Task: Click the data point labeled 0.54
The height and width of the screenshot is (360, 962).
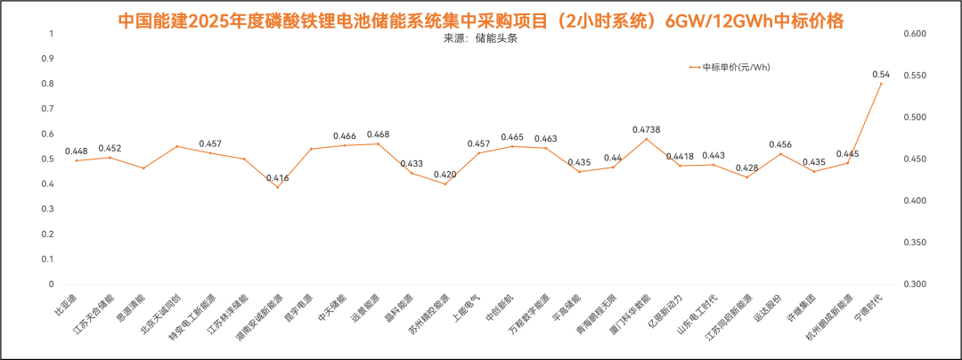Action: [881, 84]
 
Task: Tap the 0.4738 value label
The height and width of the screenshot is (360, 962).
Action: [647, 130]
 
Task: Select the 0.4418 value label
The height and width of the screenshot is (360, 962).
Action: [681, 157]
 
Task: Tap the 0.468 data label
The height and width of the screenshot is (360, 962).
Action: [378, 135]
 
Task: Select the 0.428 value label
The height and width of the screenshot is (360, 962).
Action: [747, 168]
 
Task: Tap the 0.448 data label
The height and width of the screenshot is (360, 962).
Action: [77, 151]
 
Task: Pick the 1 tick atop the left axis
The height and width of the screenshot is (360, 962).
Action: [51, 34]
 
